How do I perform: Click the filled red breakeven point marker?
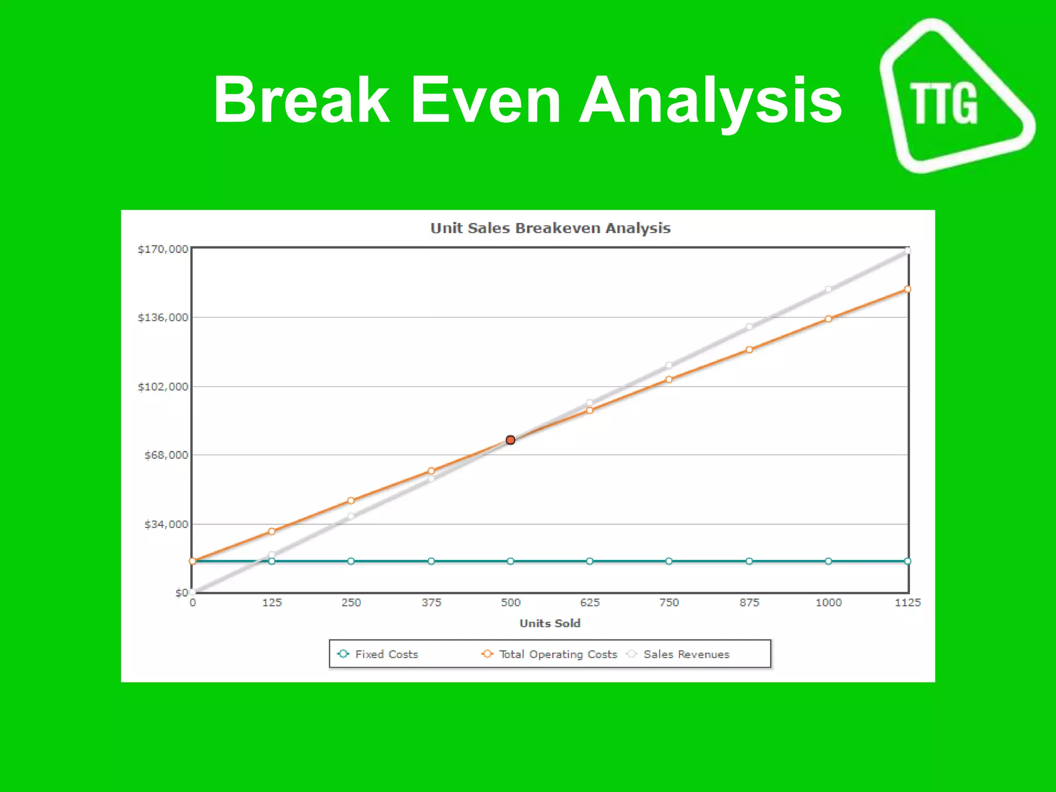pyautogui.click(x=510, y=440)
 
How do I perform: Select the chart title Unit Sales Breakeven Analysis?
pyautogui.click(x=550, y=228)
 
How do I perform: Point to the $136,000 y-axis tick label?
pyautogui.click(x=162, y=317)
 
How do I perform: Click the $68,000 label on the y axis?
pyautogui.click(x=166, y=455)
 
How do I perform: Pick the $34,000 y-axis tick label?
pyautogui.click(x=166, y=524)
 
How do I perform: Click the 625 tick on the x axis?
pyautogui.click(x=589, y=602)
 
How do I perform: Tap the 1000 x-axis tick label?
pyautogui.click(x=828, y=602)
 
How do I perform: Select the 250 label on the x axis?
pyautogui.click(x=351, y=602)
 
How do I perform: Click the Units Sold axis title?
pyautogui.click(x=550, y=623)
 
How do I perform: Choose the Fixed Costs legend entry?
pyautogui.click(x=386, y=654)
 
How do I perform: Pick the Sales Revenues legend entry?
pyautogui.click(x=686, y=654)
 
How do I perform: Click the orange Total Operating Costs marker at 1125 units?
pyautogui.click(x=907, y=289)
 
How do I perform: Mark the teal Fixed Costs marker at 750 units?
pyautogui.click(x=669, y=561)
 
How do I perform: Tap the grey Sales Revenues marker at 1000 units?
pyautogui.click(x=828, y=289)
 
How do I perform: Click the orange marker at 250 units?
pyautogui.click(x=351, y=500)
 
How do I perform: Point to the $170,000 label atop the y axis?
pyautogui.click(x=162, y=249)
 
